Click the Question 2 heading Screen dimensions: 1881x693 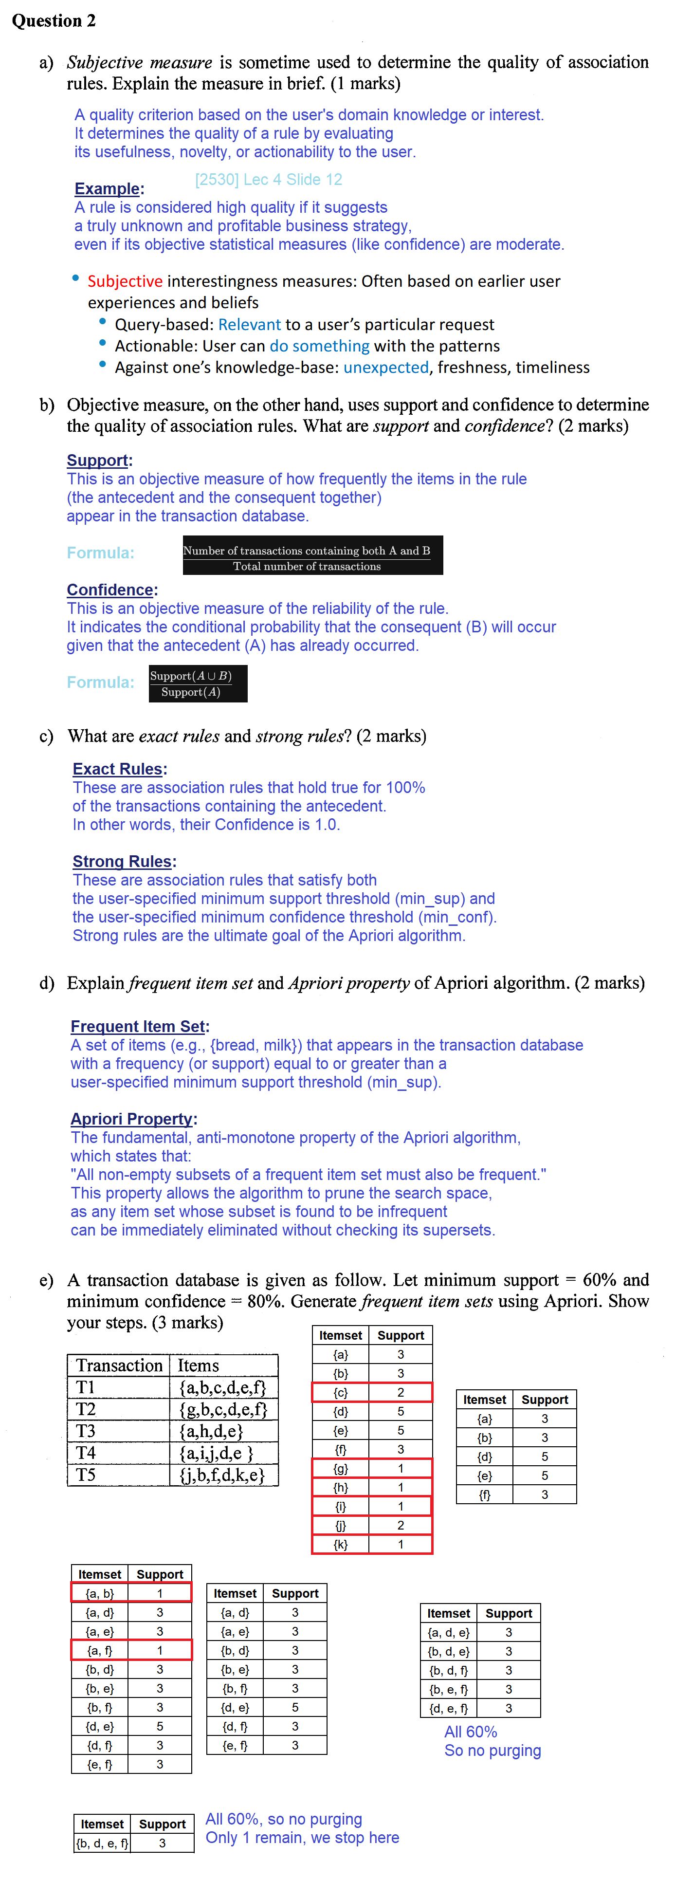click(x=54, y=20)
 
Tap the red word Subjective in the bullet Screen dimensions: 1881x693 click(x=125, y=281)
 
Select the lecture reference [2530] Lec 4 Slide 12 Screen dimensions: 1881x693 click(x=268, y=180)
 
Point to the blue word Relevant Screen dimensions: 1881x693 click(x=249, y=324)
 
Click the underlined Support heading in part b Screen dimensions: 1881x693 click(x=97, y=460)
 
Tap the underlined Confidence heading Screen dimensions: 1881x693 click(x=110, y=589)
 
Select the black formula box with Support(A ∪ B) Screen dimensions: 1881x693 click(x=198, y=683)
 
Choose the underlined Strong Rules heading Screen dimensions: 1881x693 click(x=122, y=862)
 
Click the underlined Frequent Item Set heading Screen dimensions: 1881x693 click(x=138, y=1026)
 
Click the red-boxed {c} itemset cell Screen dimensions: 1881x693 click(x=340, y=1392)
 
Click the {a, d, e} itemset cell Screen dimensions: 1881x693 click(x=448, y=1632)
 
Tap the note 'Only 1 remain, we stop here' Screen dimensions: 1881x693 click(x=302, y=1837)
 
